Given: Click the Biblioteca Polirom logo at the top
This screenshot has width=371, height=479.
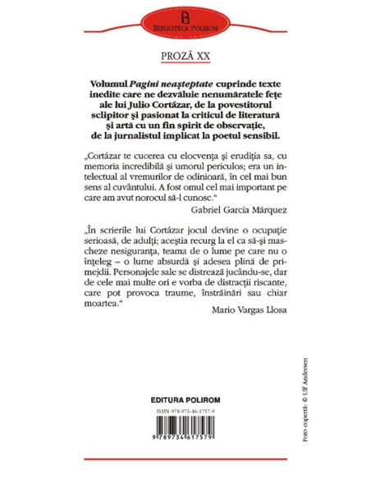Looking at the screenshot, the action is (x=185, y=21).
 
